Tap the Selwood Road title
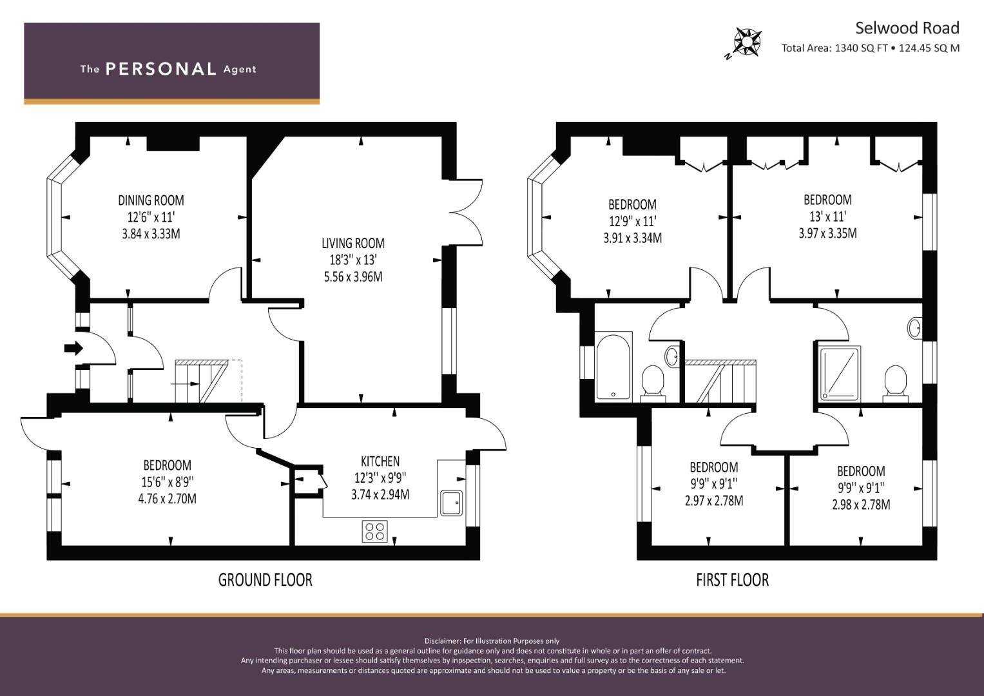(x=907, y=28)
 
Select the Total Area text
(x=870, y=48)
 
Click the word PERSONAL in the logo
(x=161, y=69)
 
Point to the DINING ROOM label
(x=151, y=201)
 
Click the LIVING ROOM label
(x=353, y=244)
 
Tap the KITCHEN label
(x=380, y=461)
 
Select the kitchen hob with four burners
(x=374, y=531)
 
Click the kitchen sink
(x=452, y=503)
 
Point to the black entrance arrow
(x=73, y=349)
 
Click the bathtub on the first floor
(x=613, y=367)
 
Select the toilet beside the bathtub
(x=653, y=383)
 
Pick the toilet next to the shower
(x=895, y=383)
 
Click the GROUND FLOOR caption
(x=265, y=580)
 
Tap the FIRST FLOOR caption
(x=733, y=580)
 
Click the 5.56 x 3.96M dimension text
(x=353, y=277)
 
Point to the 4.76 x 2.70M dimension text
(x=168, y=499)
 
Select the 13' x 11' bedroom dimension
(x=827, y=216)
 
